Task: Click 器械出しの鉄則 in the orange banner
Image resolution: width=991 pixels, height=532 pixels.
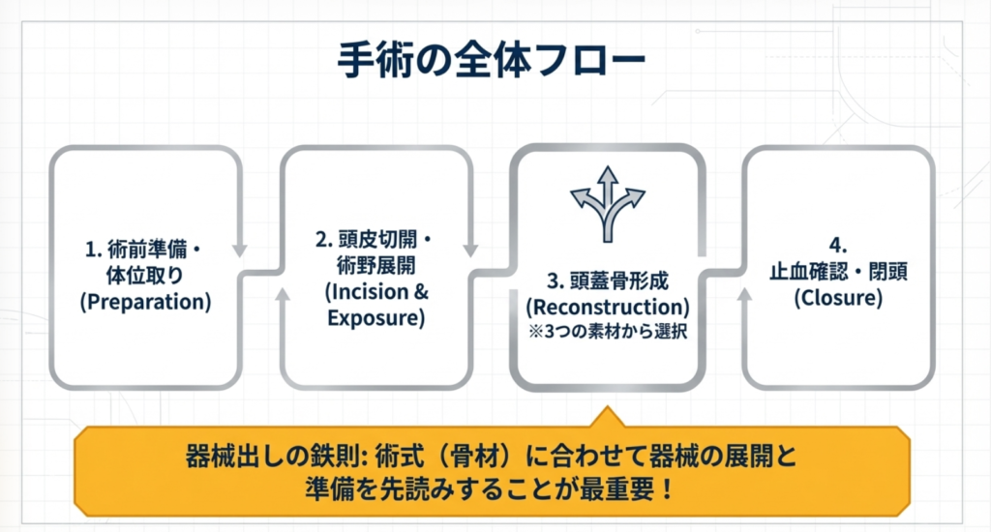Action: [x=255, y=457]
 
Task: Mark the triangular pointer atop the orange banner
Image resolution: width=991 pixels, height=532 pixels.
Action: [x=607, y=417]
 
